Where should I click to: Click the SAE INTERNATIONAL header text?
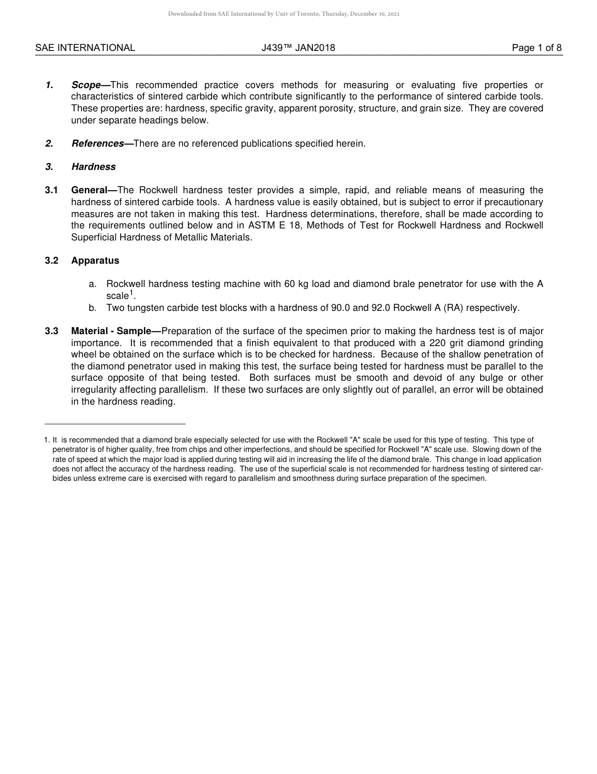tap(85, 48)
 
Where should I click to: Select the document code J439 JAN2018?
tap(298, 48)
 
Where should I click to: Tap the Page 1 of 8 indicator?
tap(537, 48)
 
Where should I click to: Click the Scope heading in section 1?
tap(87, 85)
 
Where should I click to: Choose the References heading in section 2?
tap(98, 143)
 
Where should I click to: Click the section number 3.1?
tap(52, 190)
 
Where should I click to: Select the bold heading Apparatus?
tap(95, 261)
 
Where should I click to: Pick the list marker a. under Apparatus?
tap(92, 284)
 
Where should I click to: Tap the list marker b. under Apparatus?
tap(92, 308)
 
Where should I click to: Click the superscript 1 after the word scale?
tap(131, 293)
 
